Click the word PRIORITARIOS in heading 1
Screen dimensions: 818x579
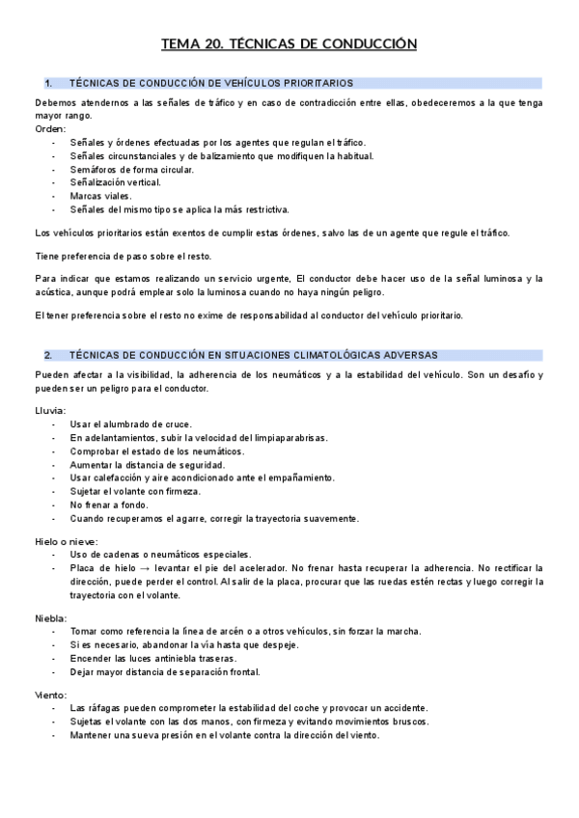pyautogui.click(x=318, y=84)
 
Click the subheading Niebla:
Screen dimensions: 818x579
pyautogui.click(x=51, y=617)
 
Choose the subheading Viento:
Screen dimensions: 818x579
pyautogui.click(x=51, y=694)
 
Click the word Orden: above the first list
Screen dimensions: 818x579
pyautogui.click(x=50, y=128)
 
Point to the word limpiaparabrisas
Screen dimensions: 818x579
pyautogui.click(x=294, y=438)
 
